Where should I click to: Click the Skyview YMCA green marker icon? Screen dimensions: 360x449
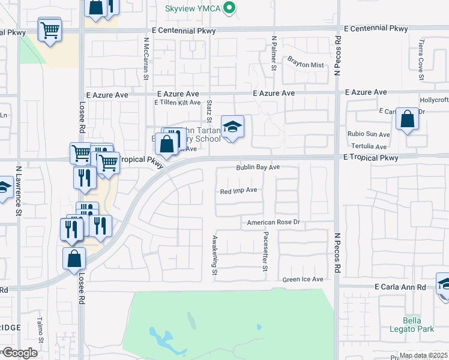tap(228, 8)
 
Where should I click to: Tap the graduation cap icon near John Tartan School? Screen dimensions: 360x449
tap(232, 127)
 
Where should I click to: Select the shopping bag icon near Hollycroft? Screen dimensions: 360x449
tap(407, 119)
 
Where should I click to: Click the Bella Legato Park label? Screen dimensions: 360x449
tap(420, 325)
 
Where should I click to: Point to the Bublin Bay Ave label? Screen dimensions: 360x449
tap(258, 167)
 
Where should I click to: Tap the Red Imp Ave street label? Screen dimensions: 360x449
tap(238, 190)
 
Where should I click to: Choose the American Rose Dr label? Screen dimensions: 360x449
tap(273, 222)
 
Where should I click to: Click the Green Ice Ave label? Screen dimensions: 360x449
tap(303, 280)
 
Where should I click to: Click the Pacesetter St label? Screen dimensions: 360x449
tap(265, 253)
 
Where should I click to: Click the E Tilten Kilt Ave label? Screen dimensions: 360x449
tap(177, 103)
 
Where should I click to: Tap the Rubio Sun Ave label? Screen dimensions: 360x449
tap(369, 134)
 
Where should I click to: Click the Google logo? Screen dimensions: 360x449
tap(19, 353)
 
